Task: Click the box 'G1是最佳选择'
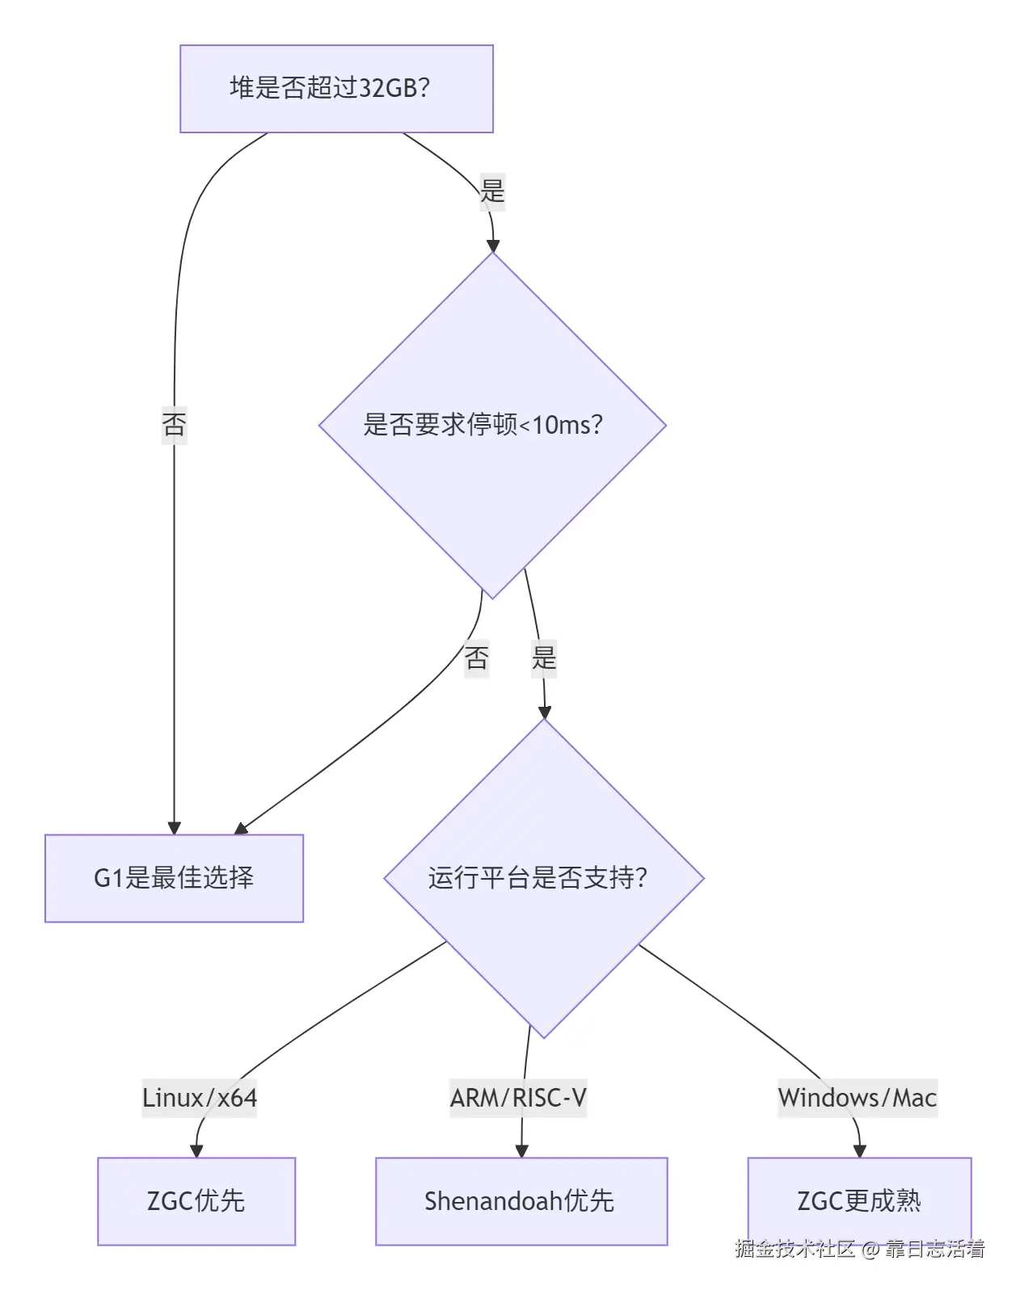coord(174,878)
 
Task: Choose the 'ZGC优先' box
coord(196,1201)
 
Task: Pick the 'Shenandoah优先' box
coord(521,1201)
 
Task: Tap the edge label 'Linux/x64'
coord(200,1098)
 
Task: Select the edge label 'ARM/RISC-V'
coord(518,1098)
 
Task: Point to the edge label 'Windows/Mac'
coord(858,1098)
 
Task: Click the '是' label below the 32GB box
coord(492,191)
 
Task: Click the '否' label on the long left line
coord(174,424)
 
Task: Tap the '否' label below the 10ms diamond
coord(476,658)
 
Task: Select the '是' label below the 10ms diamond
coord(544,658)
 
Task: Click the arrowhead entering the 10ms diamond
coord(492,246)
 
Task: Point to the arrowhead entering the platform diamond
coord(545,712)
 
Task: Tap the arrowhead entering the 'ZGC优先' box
coord(196,1150)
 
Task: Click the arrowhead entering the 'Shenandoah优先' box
coord(521,1150)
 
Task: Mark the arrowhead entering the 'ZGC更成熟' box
coord(859,1150)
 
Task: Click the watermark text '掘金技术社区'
coord(795,1249)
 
